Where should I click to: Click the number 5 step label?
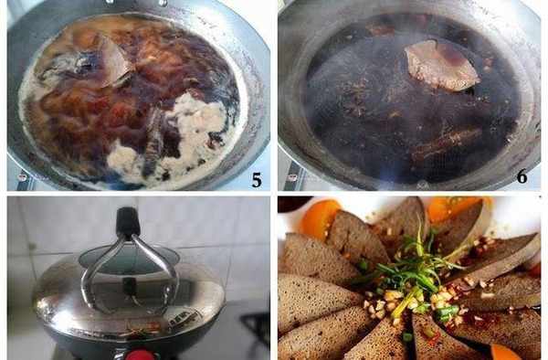[257, 180]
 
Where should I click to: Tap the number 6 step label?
[522, 176]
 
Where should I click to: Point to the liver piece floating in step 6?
[441, 65]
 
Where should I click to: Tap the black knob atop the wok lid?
[128, 221]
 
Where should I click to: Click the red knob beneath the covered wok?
[139, 355]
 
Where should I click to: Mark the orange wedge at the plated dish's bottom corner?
[507, 353]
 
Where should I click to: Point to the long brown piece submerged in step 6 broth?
[448, 144]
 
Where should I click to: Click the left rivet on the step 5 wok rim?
[22, 177]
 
